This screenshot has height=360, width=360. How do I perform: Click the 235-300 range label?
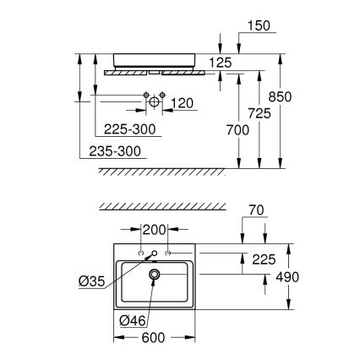[x=116, y=151]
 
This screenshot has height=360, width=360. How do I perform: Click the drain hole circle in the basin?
[x=155, y=275]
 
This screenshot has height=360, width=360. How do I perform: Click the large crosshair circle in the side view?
[x=155, y=101]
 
